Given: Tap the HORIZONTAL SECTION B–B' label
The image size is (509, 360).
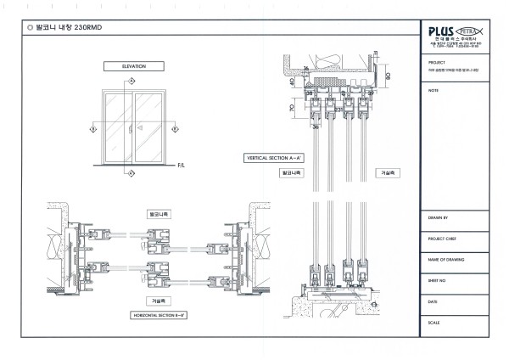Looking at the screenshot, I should tap(157, 314).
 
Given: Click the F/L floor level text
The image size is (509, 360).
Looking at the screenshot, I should tap(182, 165).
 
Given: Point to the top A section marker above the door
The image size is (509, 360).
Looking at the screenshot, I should tap(129, 81).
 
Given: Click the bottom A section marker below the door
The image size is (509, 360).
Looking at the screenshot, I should tap(129, 173).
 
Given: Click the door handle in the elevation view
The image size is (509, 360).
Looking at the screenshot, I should tap(127, 129).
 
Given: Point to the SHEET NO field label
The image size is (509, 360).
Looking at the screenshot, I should tap(438, 280).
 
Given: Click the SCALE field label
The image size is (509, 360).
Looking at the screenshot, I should tap(434, 321).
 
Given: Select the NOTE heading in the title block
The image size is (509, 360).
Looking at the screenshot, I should tap(433, 89).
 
